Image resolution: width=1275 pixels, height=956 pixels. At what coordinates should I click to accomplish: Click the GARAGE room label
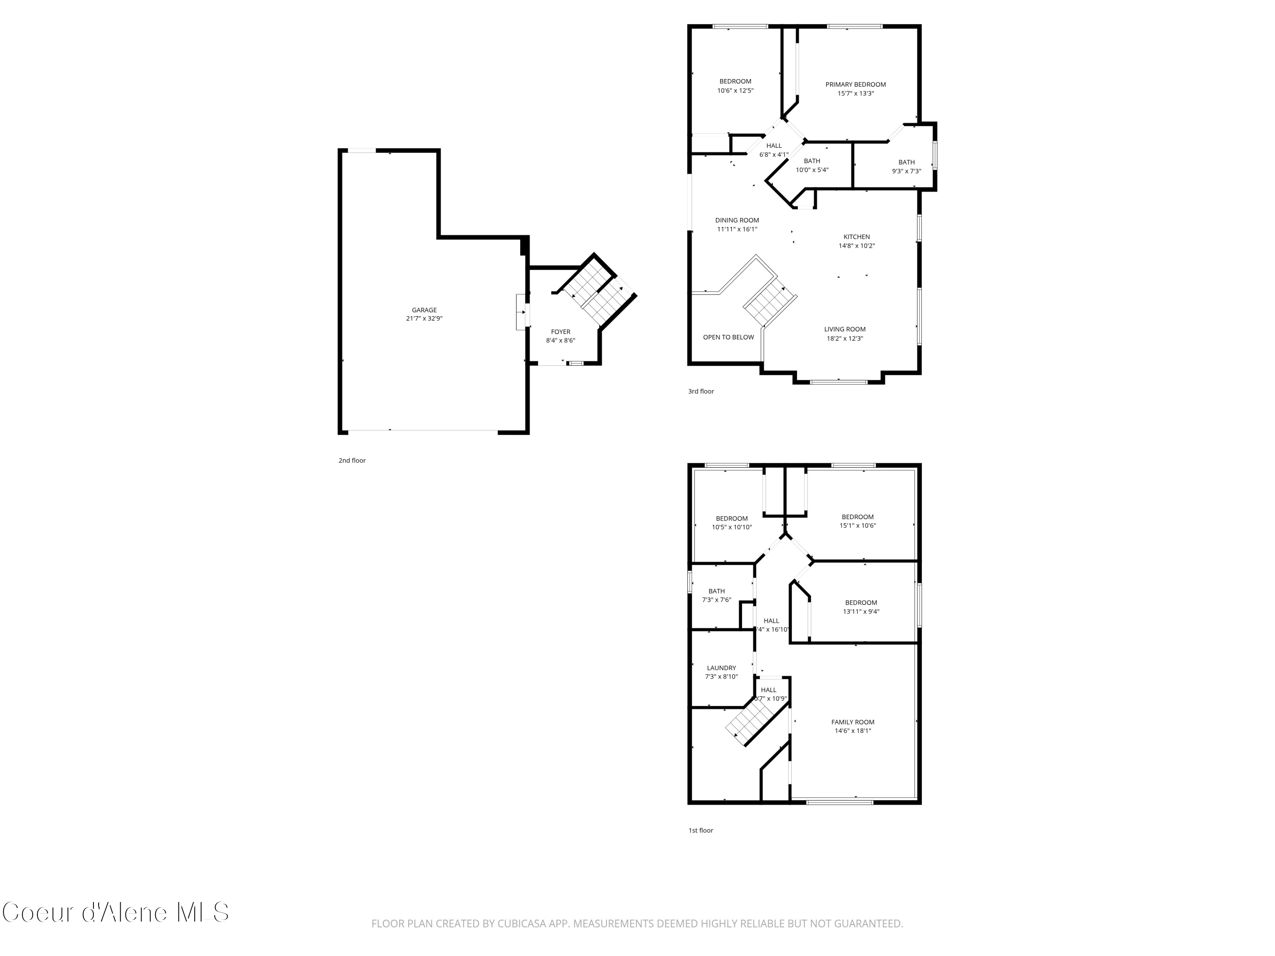coord(424,310)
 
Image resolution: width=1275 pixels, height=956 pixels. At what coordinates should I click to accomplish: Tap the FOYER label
coord(560,332)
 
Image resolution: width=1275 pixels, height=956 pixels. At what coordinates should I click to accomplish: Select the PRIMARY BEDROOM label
coord(856,85)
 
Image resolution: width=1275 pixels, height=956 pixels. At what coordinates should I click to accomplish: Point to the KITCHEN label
coord(856,237)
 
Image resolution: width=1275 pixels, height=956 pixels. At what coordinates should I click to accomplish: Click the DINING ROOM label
coord(737,220)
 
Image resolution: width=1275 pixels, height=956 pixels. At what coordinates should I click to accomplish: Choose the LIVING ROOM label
coord(844,330)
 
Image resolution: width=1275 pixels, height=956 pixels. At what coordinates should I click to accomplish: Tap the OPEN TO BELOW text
coord(728,337)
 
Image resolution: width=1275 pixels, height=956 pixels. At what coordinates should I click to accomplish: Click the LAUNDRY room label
coord(721,668)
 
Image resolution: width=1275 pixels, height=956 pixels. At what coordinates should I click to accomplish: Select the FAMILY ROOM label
coord(853,722)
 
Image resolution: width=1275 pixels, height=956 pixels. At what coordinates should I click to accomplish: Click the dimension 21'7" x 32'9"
coord(424,319)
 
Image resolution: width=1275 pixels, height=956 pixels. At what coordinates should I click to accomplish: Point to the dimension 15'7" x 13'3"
coord(856,93)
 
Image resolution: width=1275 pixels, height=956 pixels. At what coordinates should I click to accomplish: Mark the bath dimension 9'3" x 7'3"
coord(906,171)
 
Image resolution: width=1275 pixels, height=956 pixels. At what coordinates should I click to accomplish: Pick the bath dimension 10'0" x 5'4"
coord(812,170)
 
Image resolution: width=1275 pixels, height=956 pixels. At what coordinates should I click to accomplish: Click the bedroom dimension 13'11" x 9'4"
coord(861,611)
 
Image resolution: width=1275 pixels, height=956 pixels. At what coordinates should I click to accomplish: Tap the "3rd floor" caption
coord(701,391)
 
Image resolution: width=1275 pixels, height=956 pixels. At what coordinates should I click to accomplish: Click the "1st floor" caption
coord(701,830)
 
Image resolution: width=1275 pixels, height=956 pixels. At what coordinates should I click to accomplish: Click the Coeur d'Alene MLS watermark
coord(115,912)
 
